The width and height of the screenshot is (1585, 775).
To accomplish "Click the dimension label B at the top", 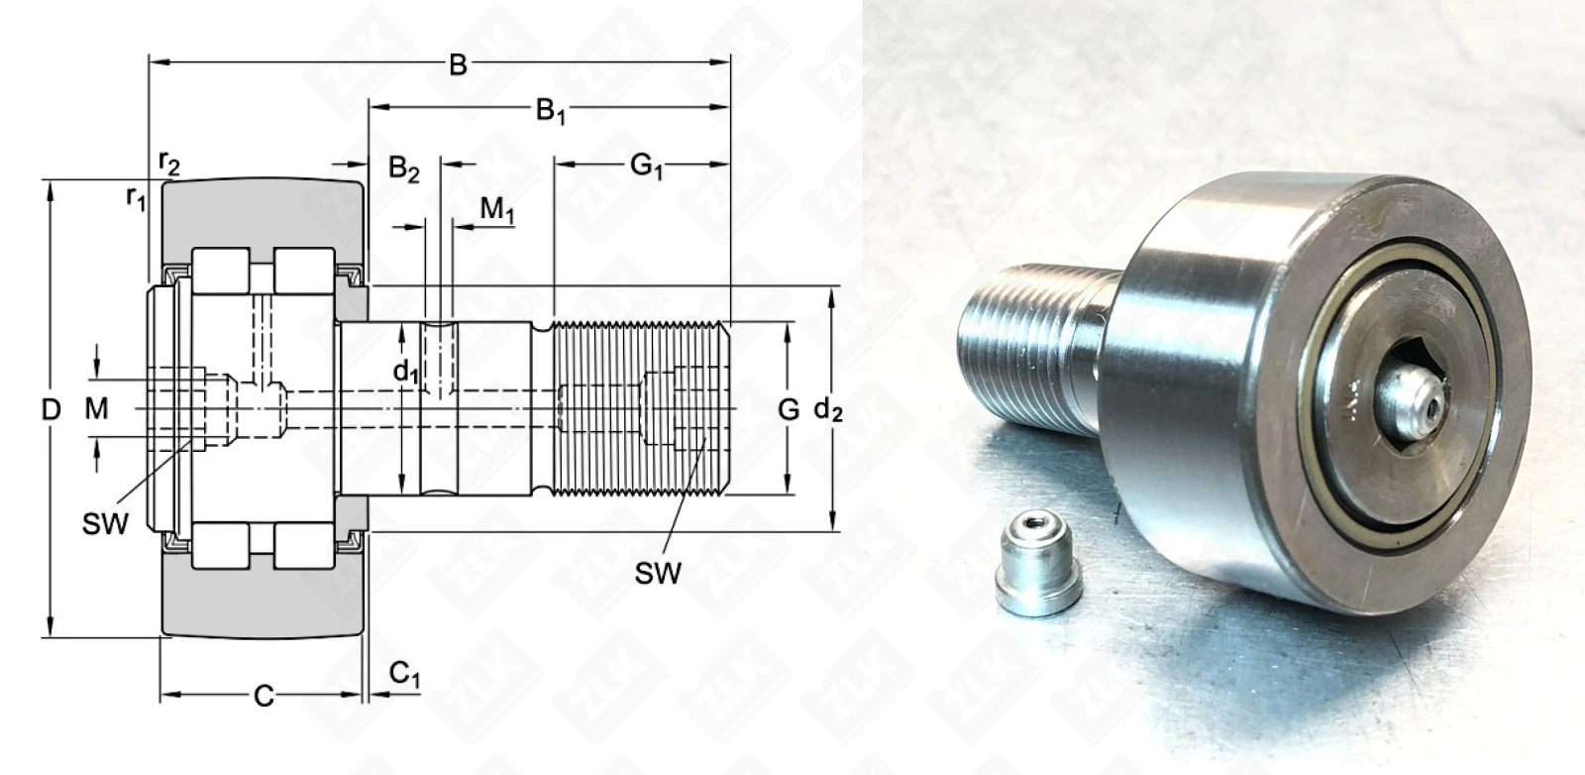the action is click(x=458, y=65).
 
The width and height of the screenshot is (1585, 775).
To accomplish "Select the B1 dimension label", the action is click(x=551, y=111).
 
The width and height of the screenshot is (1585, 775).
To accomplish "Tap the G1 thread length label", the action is click(x=646, y=167).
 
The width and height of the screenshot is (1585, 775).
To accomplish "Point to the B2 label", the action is click(x=404, y=169).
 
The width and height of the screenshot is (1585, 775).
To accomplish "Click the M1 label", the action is click(x=496, y=210).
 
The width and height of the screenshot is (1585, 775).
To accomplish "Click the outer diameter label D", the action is click(x=51, y=409).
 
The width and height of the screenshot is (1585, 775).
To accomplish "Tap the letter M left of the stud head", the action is click(x=96, y=408).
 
